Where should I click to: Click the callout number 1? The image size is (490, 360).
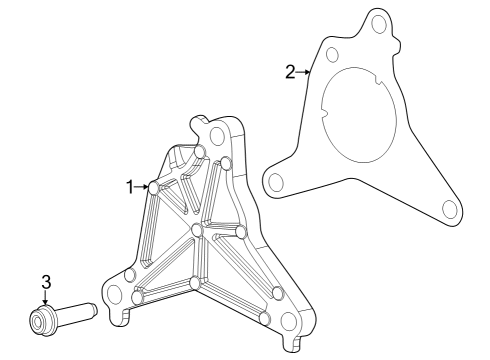(x=130, y=186)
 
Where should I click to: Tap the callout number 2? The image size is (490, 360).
(x=290, y=71)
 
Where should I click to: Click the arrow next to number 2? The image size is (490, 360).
(x=305, y=71)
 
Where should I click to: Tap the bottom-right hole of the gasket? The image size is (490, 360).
(x=449, y=208)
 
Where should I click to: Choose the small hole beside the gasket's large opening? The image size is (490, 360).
(x=333, y=54)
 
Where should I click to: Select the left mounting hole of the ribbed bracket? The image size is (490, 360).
(x=115, y=293)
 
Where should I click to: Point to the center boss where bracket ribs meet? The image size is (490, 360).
(x=197, y=231)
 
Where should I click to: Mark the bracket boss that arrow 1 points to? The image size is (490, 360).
(x=154, y=187)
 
